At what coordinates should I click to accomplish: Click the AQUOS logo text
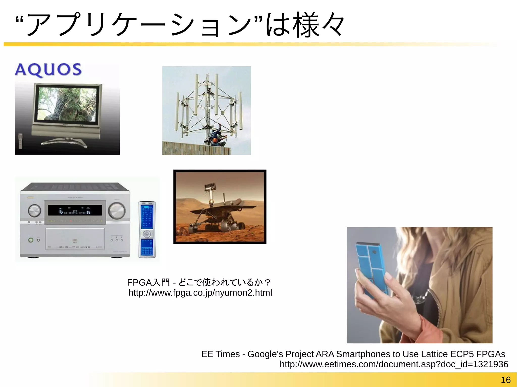click(x=48, y=69)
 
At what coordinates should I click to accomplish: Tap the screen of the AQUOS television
click(x=67, y=104)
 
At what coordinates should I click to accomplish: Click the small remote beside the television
click(x=20, y=141)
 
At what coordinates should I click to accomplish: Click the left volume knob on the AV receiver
click(x=34, y=211)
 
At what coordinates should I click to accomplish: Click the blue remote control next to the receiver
click(x=147, y=229)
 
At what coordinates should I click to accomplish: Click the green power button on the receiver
click(x=31, y=240)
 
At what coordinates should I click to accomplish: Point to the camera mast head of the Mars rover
click(x=210, y=187)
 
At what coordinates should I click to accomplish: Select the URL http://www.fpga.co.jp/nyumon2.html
click(x=200, y=293)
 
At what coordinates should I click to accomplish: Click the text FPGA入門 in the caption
click(x=148, y=282)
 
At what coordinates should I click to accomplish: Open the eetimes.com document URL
click(x=394, y=364)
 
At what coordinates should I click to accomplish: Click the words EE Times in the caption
click(x=220, y=354)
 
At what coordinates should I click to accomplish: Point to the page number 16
click(x=505, y=380)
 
